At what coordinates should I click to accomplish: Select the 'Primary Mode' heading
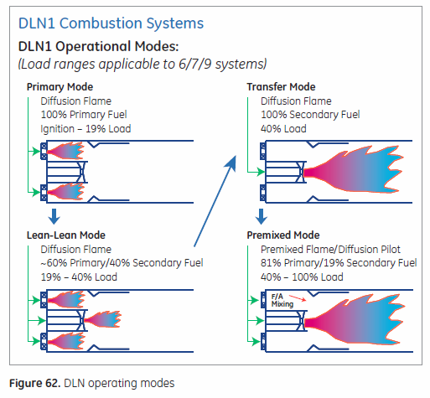[60, 86]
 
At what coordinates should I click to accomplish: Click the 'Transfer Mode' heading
[281, 86]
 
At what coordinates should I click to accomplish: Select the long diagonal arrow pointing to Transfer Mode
[212, 198]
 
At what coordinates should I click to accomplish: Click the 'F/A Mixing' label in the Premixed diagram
[282, 299]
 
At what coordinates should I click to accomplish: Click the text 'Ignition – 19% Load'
[85, 128]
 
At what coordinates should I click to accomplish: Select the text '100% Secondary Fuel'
[305, 114]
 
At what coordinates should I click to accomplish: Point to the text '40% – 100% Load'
[301, 277]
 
